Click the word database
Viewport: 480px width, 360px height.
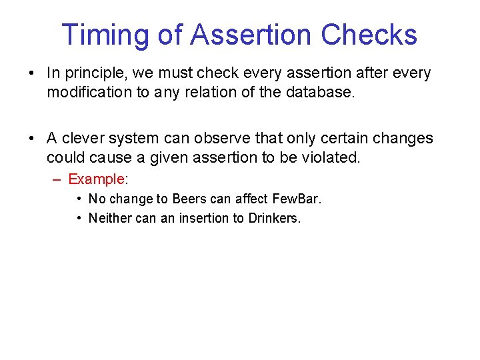click(x=322, y=92)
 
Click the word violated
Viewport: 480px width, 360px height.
click(x=331, y=158)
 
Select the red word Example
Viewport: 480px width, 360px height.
click(x=96, y=179)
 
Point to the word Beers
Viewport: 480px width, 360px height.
click(x=189, y=199)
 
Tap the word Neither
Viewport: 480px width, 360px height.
click(x=109, y=218)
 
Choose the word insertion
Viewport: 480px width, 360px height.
click(x=204, y=218)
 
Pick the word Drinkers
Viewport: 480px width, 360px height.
click(x=274, y=218)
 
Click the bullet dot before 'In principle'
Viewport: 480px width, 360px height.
click(x=31, y=73)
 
